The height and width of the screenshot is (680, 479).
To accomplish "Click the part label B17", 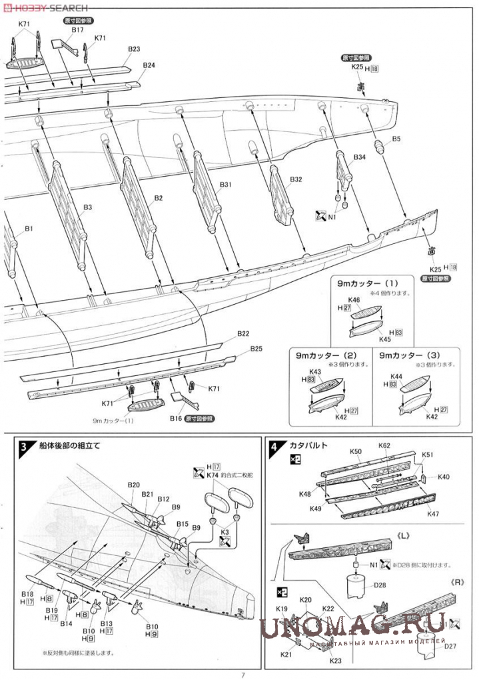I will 77,30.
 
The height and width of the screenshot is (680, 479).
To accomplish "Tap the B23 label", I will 134,49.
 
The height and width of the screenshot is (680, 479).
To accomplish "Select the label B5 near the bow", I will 396,139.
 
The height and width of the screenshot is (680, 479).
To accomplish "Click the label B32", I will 296,180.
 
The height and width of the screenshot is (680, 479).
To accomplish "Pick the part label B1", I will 29,229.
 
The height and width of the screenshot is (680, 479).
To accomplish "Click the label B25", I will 256,349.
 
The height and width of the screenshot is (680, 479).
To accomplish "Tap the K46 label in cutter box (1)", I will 354,300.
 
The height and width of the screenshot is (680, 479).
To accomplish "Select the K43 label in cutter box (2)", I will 315,371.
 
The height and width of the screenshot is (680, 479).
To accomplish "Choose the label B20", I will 133,484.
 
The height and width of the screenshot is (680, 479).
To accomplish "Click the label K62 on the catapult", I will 384,445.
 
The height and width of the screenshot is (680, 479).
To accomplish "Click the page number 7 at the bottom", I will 243,674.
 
